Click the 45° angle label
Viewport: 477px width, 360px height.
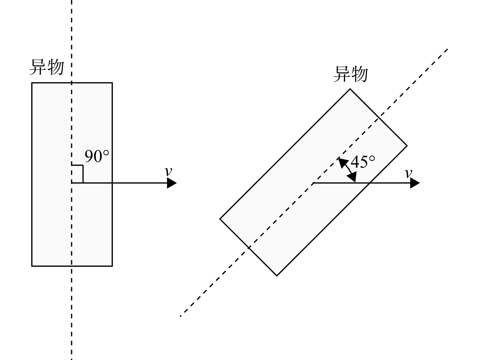click(x=363, y=162)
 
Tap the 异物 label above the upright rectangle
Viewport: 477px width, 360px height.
click(x=47, y=67)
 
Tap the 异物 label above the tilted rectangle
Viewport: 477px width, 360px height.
click(x=351, y=74)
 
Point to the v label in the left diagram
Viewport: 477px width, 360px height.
click(x=169, y=171)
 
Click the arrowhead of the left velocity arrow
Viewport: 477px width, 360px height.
click(x=172, y=183)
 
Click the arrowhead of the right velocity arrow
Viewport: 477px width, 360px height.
click(x=415, y=183)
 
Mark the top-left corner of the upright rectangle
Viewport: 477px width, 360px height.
click(x=32, y=83)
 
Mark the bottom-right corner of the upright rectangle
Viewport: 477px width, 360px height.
click(x=112, y=266)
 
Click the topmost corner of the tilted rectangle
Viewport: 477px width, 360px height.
click(x=350, y=89)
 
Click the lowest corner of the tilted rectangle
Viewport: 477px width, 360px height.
click(x=277, y=276)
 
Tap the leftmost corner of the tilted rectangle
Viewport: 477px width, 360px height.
click(x=220, y=219)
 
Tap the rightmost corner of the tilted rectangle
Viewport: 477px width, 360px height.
click(x=407, y=146)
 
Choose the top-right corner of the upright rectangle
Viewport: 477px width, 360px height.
click(x=112, y=83)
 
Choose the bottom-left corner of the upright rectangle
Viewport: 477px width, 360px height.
click(x=32, y=266)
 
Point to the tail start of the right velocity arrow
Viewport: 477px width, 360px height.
click(x=313, y=183)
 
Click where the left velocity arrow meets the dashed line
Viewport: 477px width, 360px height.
click(x=72, y=183)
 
